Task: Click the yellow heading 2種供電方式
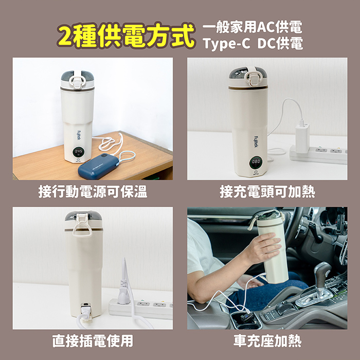click(x=126, y=35)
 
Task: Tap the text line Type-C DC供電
click(x=253, y=43)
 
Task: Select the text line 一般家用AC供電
click(x=253, y=27)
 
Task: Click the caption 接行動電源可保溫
click(x=93, y=192)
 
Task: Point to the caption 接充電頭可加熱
click(x=267, y=192)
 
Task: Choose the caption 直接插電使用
click(x=93, y=341)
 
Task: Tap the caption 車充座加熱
click(x=267, y=341)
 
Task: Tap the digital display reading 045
click(x=79, y=152)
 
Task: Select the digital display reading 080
click(x=256, y=162)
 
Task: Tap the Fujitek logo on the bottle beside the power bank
click(x=79, y=135)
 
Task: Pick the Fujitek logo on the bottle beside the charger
click(x=256, y=141)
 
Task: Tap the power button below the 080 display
click(x=256, y=172)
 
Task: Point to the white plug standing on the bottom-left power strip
click(x=124, y=294)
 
